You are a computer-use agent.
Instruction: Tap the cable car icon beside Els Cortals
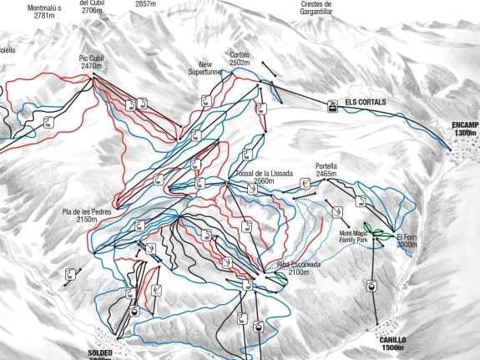333,106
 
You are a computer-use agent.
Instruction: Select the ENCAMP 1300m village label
466,129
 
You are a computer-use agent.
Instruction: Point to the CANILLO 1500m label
392,343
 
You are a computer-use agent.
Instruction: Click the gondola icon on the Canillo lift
370,286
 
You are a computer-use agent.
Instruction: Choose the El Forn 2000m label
407,241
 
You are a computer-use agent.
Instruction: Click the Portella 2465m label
326,170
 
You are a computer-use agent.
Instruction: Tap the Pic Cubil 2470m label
91,62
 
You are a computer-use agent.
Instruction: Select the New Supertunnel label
203,68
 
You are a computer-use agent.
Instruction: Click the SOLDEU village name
99,353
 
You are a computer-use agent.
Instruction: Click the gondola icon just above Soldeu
134,311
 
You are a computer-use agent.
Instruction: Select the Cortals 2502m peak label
240,58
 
